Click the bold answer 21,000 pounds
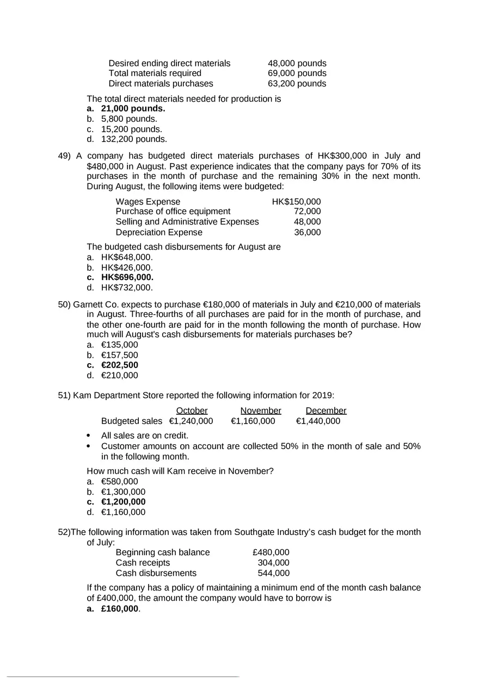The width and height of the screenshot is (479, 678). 133,109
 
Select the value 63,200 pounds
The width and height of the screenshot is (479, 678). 297,84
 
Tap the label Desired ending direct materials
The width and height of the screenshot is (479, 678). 169,63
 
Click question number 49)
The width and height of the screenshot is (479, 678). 65,155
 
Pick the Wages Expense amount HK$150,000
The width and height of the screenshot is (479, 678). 296,202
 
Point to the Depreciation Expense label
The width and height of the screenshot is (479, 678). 159,232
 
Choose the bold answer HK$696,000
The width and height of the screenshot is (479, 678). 127,277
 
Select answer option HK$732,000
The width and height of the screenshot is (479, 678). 127,287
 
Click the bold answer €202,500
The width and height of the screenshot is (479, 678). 120,365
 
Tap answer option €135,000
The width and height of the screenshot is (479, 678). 120,345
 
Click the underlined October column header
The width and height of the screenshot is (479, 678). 192,410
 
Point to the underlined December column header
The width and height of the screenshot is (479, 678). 326,410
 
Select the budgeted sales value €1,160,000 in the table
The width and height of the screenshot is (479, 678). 253,421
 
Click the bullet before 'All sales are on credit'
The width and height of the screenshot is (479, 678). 89,436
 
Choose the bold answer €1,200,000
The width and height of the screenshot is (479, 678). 124,502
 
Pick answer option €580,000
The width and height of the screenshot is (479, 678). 120,481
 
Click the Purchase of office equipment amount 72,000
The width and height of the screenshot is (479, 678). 307,212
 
